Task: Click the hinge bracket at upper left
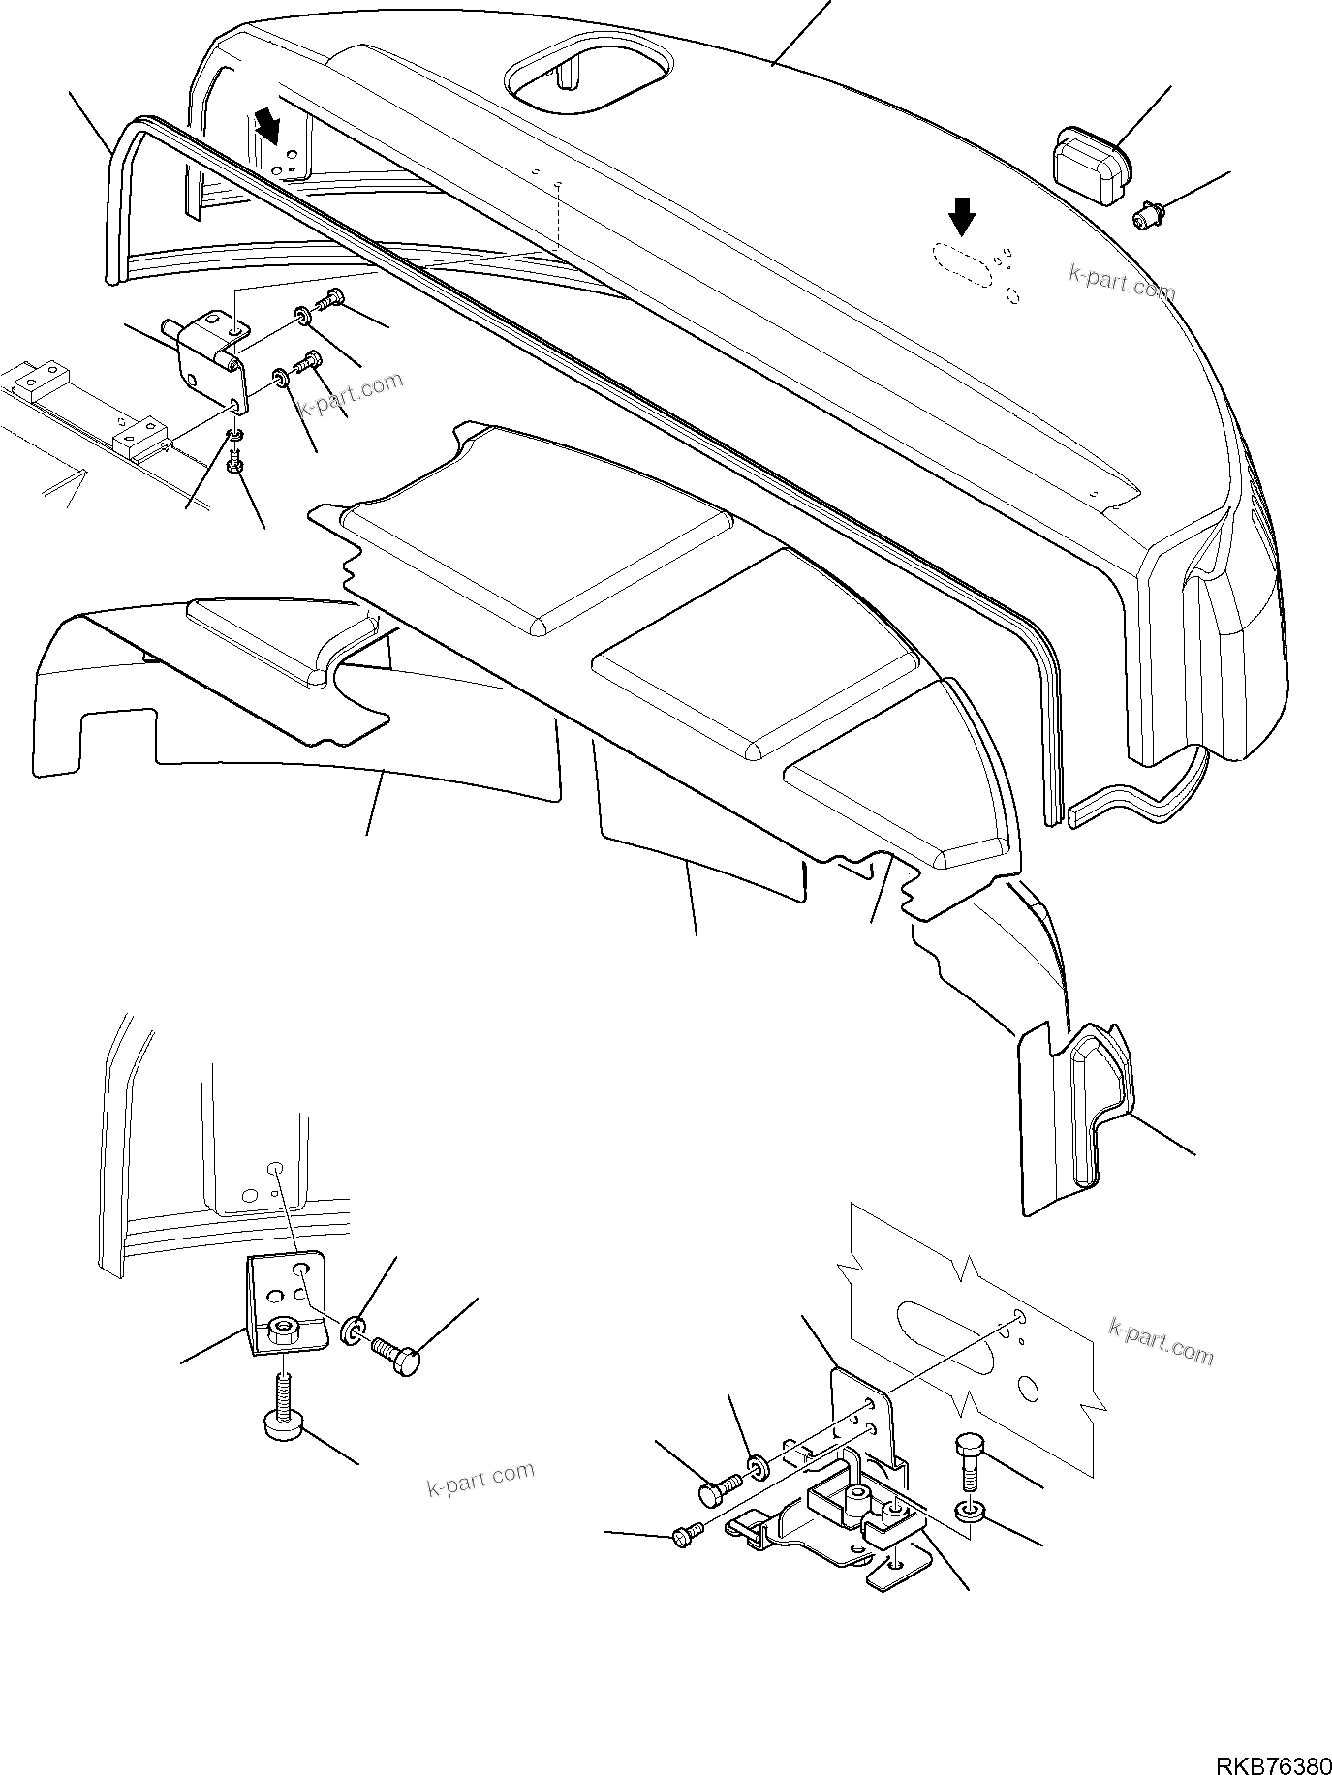coord(209,356)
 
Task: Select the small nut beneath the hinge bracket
coord(233,467)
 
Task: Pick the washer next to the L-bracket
coord(354,1331)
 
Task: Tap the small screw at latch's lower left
coord(683,1537)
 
